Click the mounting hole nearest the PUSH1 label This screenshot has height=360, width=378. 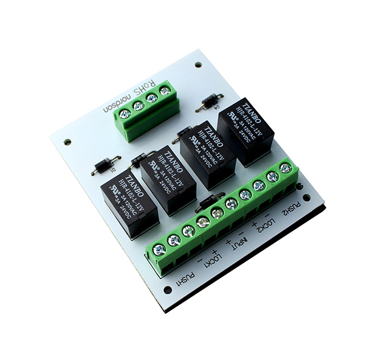[167, 289]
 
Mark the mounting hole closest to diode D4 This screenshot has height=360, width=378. [198, 65]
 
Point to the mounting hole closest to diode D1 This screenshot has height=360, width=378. [67, 142]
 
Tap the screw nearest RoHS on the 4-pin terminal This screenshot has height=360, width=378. [165, 91]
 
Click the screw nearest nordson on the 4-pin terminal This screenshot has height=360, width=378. [125, 113]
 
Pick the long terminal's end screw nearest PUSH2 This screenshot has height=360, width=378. [286, 168]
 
